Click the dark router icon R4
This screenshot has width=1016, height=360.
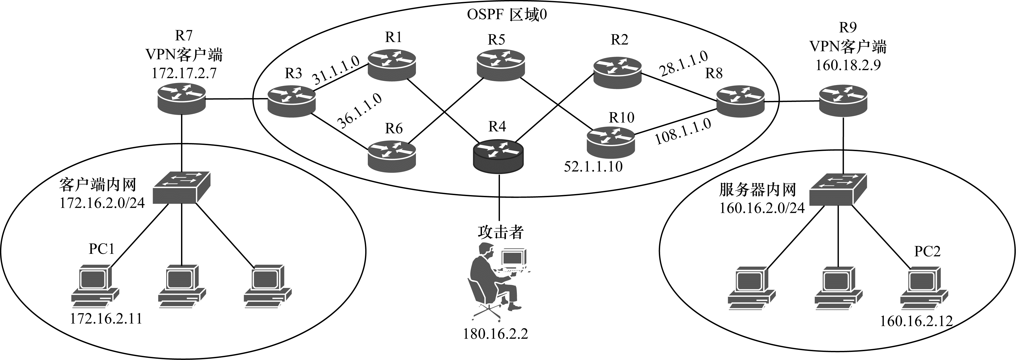click(499, 157)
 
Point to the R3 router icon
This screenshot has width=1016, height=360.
click(292, 101)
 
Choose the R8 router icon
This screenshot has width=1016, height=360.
click(740, 101)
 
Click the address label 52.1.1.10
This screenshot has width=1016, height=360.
click(593, 166)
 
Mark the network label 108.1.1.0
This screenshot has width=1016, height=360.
click(683, 132)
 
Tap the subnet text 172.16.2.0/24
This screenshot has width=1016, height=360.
click(102, 203)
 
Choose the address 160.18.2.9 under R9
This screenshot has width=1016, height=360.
click(848, 65)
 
